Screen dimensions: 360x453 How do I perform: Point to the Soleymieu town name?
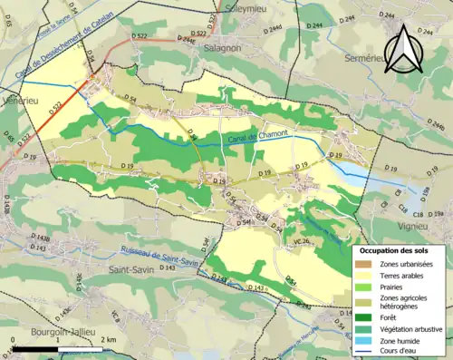[x=239, y=5]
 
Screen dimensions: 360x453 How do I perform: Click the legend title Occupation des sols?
[x=396, y=249]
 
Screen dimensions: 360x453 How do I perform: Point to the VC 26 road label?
[x=301, y=240]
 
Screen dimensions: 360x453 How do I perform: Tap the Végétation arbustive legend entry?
[x=404, y=328]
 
